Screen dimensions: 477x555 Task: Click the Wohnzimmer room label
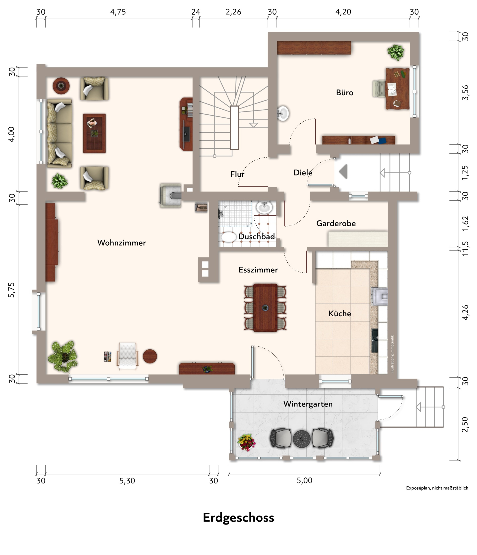coord(122,243)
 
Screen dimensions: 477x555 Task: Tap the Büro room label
coord(344,93)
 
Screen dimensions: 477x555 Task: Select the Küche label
coord(340,313)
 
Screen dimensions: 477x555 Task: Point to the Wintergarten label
coord(308,404)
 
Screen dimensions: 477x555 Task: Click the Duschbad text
coord(257,237)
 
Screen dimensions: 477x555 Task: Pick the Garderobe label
coord(336,223)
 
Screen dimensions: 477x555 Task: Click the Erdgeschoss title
coord(238,518)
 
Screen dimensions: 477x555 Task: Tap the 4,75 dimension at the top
coord(118,12)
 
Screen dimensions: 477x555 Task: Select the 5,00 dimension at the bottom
coord(304,481)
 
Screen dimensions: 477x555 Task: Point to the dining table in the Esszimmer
coord(265,308)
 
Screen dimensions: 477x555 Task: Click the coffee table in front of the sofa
coord(94,133)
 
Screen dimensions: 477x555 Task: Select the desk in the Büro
coord(397,89)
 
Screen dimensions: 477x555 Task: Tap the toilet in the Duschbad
coord(228,237)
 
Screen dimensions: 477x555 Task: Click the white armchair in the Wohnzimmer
coord(128,356)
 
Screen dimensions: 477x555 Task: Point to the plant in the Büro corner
coord(396,52)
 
